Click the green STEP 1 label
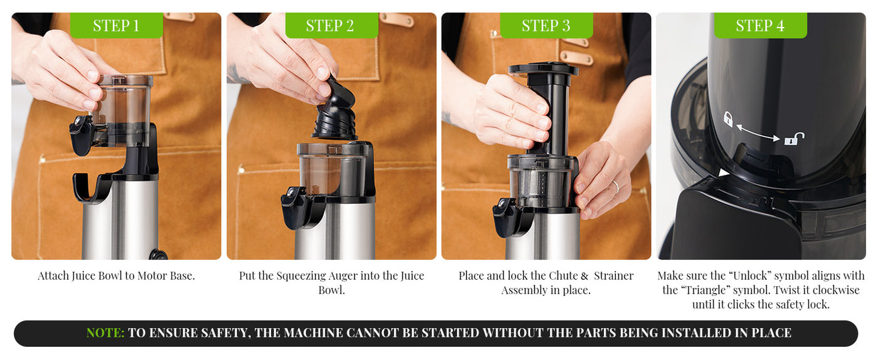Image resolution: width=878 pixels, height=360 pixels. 116,26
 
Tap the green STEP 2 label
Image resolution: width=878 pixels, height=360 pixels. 331,26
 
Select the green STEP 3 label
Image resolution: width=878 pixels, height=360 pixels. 546,26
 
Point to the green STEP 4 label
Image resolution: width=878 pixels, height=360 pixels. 760,26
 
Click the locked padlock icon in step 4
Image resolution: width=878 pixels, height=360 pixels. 728,119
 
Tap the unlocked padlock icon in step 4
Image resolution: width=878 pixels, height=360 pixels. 794,139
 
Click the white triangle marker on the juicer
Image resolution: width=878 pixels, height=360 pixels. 724,172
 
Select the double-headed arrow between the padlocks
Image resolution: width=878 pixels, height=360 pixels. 759,132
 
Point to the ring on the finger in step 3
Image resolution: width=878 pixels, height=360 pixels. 615,186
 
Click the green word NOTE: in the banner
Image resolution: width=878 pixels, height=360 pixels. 105,333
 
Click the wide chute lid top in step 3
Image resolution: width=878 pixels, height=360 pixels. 543,68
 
